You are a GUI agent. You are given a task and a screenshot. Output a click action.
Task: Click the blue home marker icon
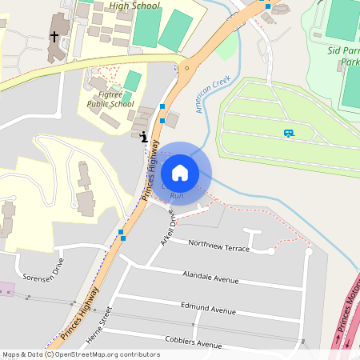[180, 173]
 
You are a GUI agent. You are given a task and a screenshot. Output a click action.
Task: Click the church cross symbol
[54, 37]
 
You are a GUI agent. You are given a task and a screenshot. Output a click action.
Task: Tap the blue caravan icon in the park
[288, 133]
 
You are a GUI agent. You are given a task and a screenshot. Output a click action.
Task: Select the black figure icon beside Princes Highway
[143, 137]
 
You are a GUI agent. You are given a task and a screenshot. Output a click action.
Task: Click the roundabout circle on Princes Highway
[186, 70]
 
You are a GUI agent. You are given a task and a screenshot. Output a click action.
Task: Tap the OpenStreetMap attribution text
[80, 354]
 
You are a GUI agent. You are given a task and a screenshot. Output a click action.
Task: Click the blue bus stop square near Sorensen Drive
[122, 234]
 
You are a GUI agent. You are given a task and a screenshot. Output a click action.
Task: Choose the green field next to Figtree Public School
[133, 80]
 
